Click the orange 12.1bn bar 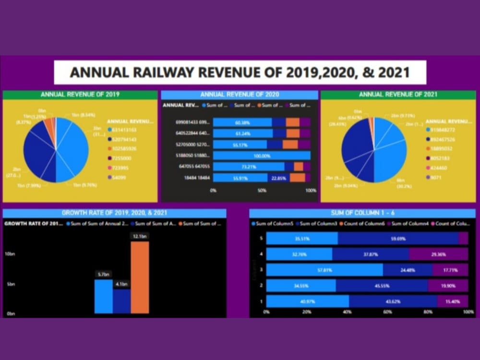pyautogui.click(x=140, y=277)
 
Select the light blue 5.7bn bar pyautogui.click(x=103, y=296)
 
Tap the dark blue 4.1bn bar pyautogui.click(x=121, y=301)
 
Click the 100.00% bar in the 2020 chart pyautogui.click(x=262, y=156)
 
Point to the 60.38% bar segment pyautogui.click(x=242, y=122)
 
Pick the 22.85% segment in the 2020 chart pyautogui.click(x=278, y=178)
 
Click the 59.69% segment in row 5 pyautogui.click(x=398, y=239)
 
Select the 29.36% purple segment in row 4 pyautogui.click(x=438, y=254)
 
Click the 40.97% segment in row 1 pyautogui.click(x=308, y=301)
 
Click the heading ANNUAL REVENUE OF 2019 pyautogui.click(x=80, y=95)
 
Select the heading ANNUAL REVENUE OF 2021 pyautogui.click(x=398, y=95)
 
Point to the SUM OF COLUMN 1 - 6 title pyautogui.click(x=362, y=213)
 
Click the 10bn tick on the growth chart pyautogui.click(x=10, y=253)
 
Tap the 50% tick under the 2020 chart pyautogui.click(x=262, y=191)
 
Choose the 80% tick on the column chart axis pyautogui.click(x=428, y=312)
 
